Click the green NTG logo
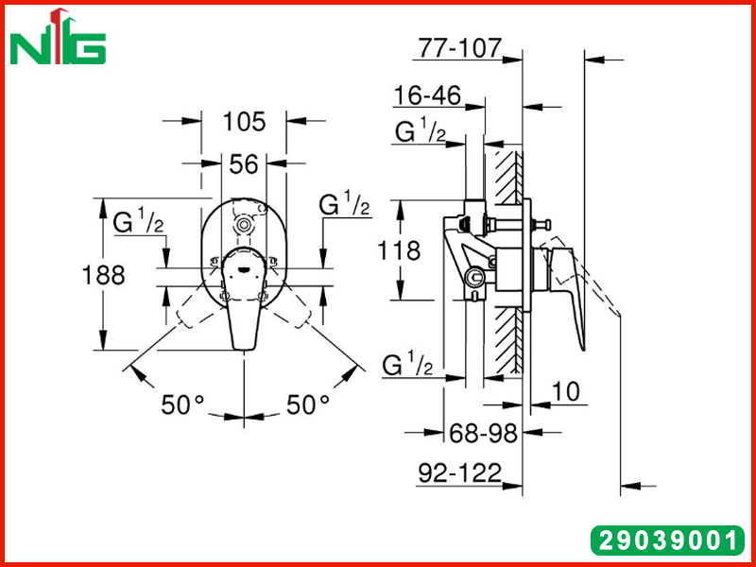point(58,38)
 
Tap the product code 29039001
point(667,541)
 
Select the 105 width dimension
point(244,122)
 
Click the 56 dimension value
point(244,163)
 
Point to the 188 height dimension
point(103,275)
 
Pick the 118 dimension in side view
point(399,250)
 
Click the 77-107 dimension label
point(460,48)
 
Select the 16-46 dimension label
point(427,95)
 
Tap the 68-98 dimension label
point(483,433)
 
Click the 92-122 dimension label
point(460,473)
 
